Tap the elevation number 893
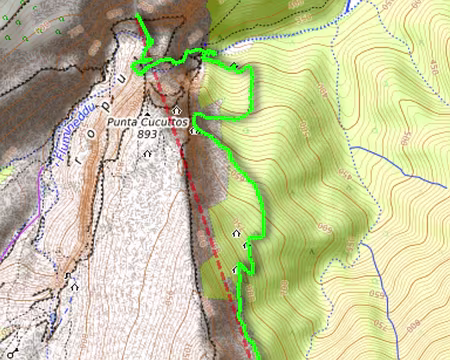(x=150, y=133)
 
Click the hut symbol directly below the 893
(x=148, y=154)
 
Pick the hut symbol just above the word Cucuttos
(x=176, y=110)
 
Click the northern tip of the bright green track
(x=137, y=15)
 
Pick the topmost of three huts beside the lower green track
(x=237, y=232)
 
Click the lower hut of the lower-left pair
(x=75, y=287)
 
